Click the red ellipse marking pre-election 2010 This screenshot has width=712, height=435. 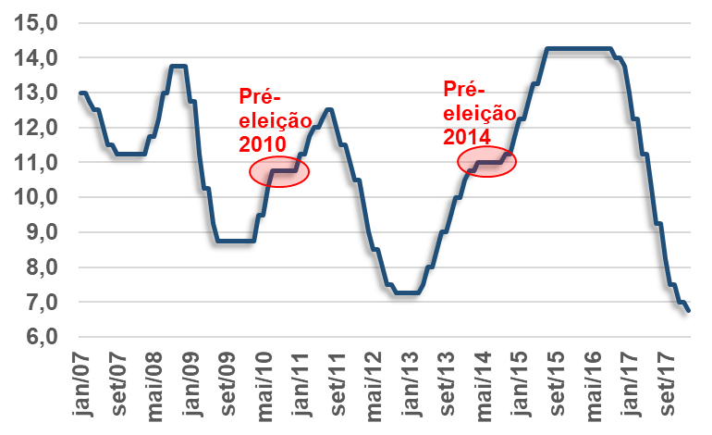(278, 171)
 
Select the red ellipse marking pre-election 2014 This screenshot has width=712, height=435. (486, 162)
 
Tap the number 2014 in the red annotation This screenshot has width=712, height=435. (468, 133)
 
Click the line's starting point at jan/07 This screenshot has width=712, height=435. (81, 93)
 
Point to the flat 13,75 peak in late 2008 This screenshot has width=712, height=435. (179, 66)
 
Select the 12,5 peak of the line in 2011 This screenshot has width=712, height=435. (329, 109)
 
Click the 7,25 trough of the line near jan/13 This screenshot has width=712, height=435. (408, 293)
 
